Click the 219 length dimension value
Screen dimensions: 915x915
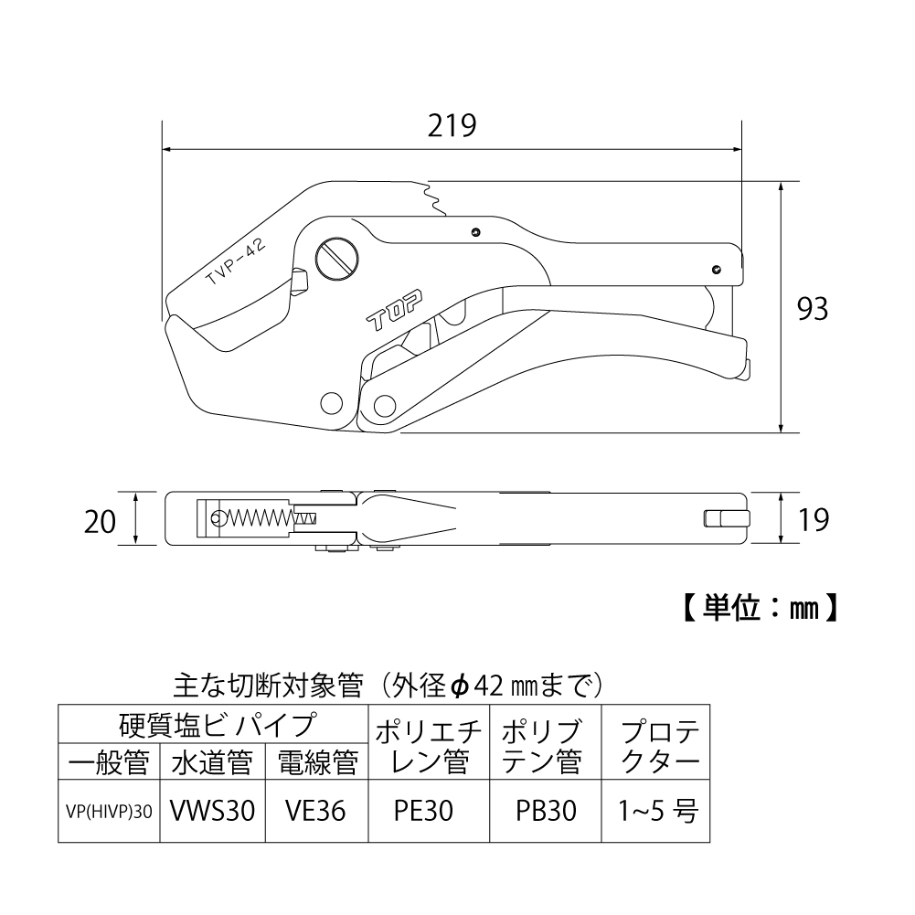(452, 125)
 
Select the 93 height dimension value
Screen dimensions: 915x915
(812, 309)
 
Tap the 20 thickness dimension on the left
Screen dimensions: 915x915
(100, 521)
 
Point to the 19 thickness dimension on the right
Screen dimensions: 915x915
(812, 520)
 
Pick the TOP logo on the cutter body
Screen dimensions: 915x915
(391, 313)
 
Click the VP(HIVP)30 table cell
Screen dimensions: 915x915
(108, 811)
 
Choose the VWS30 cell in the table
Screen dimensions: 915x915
(211, 811)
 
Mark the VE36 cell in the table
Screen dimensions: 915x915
(315, 811)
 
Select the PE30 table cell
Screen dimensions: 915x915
(429, 811)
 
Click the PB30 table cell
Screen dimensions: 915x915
(546, 811)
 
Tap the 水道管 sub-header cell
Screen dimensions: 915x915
(211, 761)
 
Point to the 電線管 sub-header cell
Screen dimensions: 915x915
(315, 761)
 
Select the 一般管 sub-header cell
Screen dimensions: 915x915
(108, 761)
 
